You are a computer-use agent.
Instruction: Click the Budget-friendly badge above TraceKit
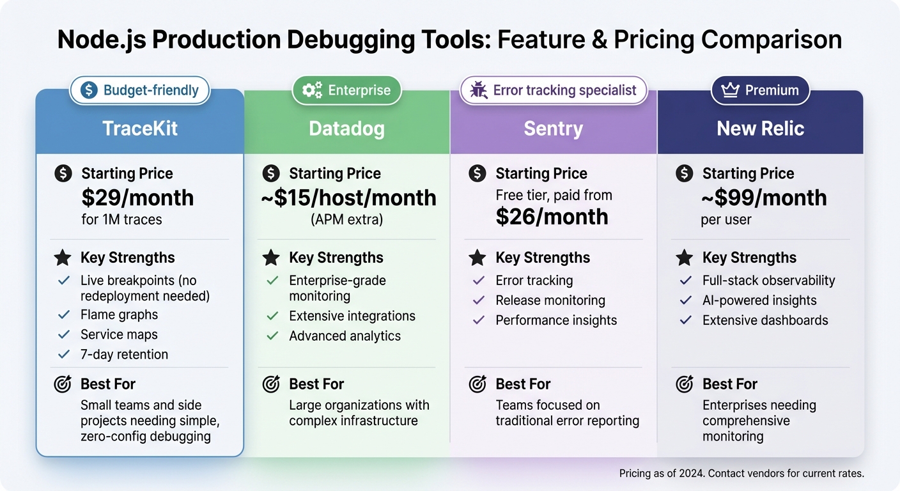click(140, 90)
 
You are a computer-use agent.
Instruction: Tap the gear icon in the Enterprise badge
click(312, 90)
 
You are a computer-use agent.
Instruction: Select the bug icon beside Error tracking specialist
click(478, 90)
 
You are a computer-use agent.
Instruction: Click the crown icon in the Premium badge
click(730, 90)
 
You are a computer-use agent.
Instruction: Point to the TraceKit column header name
click(140, 129)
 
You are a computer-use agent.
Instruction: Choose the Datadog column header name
click(347, 129)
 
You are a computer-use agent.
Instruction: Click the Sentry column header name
click(554, 129)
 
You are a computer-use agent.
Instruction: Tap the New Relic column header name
click(760, 129)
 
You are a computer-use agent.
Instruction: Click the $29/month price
click(137, 198)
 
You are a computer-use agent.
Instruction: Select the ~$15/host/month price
click(348, 198)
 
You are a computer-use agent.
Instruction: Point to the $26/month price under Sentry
click(552, 217)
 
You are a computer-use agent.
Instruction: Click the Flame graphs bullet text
click(119, 315)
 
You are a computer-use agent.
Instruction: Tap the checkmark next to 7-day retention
click(64, 354)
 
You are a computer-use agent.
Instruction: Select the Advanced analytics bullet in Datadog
click(345, 336)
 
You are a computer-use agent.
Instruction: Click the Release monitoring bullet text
click(550, 300)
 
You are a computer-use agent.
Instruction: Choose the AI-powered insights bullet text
click(759, 300)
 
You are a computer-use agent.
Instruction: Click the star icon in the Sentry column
click(477, 258)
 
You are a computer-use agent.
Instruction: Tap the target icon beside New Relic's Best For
click(684, 384)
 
